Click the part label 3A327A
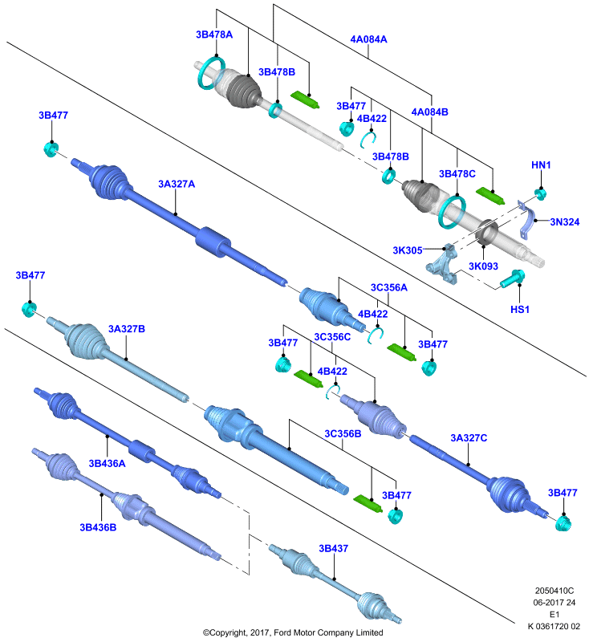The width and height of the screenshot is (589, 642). pyautogui.click(x=177, y=185)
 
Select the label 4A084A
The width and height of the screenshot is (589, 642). pyautogui.click(x=368, y=39)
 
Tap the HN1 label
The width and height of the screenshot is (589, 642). pyautogui.click(x=541, y=165)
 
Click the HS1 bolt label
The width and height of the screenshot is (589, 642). pyautogui.click(x=520, y=310)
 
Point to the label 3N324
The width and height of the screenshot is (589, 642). pyautogui.click(x=564, y=222)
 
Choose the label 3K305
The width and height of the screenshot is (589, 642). pyautogui.click(x=408, y=250)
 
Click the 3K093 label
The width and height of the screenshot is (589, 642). pyautogui.click(x=483, y=266)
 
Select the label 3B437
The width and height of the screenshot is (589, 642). pyautogui.click(x=333, y=548)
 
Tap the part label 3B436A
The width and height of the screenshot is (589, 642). pyautogui.click(x=107, y=464)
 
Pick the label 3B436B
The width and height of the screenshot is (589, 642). pyautogui.click(x=98, y=527)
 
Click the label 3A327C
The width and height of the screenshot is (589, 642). pyautogui.click(x=469, y=438)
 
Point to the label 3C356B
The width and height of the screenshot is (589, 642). pyautogui.click(x=343, y=433)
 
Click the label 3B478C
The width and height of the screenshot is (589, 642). pyautogui.click(x=457, y=174)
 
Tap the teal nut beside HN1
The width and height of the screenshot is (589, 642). pyautogui.click(x=540, y=193)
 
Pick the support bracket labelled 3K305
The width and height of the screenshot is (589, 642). pyautogui.click(x=443, y=264)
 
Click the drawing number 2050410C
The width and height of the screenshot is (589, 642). pyautogui.click(x=554, y=591)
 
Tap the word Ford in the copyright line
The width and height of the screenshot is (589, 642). pyautogui.click(x=283, y=632)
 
